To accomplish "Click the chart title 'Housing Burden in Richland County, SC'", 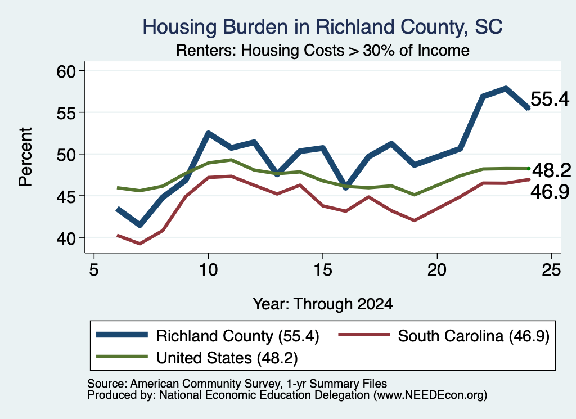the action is click(322, 27).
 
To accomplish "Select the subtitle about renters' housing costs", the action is click(322, 50).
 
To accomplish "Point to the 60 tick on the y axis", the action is click(66, 71).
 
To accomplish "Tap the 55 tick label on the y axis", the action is click(66, 112).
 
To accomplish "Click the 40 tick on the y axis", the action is click(66, 237).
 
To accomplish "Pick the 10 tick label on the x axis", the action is click(208, 270).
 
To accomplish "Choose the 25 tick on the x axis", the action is click(551, 270).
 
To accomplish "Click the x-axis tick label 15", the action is click(322, 270).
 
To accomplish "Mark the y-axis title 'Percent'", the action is click(25, 157).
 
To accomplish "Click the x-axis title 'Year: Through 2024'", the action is click(322, 304).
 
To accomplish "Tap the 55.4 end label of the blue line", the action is click(550, 99).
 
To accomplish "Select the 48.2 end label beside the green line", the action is click(551, 170).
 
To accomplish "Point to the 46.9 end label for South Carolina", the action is click(550, 192).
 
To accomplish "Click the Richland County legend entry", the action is click(208, 336).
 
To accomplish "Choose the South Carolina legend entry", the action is click(444, 336).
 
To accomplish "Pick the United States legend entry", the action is click(197, 358).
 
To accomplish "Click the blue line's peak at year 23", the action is click(506, 88).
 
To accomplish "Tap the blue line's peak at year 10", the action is click(208, 133).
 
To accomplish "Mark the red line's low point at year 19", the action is click(415, 220).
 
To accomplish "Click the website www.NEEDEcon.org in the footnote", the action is click(430, 395).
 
